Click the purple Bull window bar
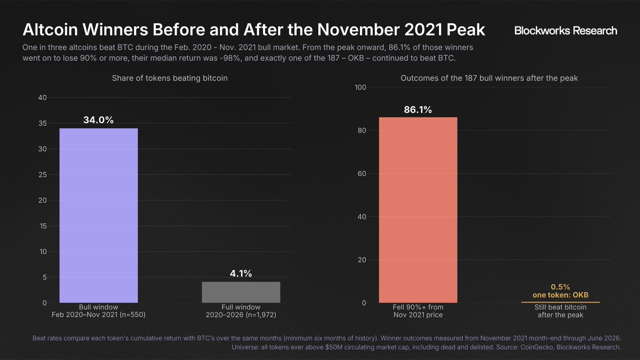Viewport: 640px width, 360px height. [99, 215]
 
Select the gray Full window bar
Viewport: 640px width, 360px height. [241, 292]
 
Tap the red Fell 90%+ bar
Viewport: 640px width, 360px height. [418, 210]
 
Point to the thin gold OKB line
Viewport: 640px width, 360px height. [561, 302]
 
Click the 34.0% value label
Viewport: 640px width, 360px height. [98, 120]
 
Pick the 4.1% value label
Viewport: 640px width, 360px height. [241, 274]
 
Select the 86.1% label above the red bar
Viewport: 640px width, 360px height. [418, 110]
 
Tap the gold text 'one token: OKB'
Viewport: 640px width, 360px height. [561, 295]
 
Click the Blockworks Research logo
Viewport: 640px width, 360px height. [565, 30]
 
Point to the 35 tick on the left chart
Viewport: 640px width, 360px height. [43, 123]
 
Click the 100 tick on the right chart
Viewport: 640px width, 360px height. [361, 87]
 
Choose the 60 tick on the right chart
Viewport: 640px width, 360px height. [362, 174]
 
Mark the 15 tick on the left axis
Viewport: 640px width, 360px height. [43, 226]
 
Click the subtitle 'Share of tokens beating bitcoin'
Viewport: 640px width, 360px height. [170, 78]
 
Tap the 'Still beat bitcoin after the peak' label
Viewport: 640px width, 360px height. [561, 311]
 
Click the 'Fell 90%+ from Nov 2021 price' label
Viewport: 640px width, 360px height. [418, 311]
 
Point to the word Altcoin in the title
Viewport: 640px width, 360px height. [50, 29]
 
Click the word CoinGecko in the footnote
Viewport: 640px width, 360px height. [537, 347]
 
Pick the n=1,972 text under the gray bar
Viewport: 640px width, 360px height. [262, 315]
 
